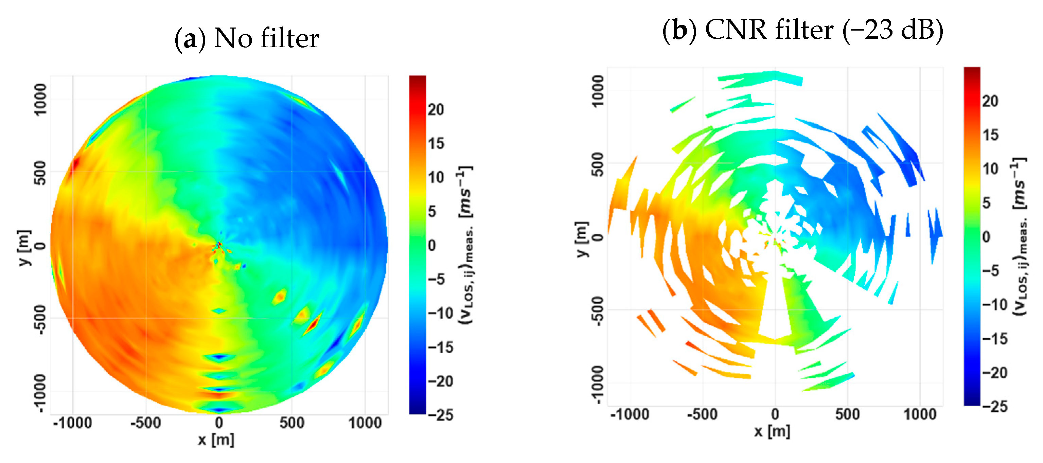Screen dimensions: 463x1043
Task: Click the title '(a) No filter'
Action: pos(247,38)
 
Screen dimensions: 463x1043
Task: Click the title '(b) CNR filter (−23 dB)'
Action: pos(802,30)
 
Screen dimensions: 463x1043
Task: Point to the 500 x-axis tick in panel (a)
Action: pos(291,423)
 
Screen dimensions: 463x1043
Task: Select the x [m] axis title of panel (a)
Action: pos(216,440)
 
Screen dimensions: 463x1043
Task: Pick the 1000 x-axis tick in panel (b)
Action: pos(920,414)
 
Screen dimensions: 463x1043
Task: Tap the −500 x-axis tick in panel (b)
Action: pos(702,414)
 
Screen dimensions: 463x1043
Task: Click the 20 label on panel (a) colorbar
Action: pos(436,110)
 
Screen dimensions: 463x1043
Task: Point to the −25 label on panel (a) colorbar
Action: pos(441,415)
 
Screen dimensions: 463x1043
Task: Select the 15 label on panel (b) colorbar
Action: pos(990,135)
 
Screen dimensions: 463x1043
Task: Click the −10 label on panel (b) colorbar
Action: pos(994,304)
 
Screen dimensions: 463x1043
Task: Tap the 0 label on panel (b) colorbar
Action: pos(986,237)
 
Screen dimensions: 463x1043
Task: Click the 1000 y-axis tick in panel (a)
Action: pos(40,100)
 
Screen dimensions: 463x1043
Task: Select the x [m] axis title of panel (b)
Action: pos(772,431)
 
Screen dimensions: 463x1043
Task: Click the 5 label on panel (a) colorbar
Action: pos(431,211)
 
